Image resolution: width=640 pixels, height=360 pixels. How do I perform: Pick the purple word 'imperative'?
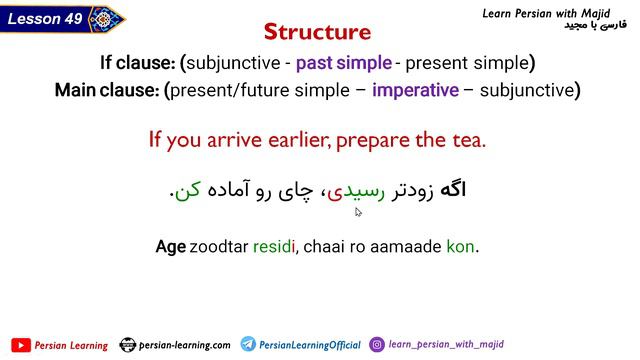(415, 90)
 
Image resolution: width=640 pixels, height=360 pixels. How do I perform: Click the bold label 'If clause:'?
(150, 63)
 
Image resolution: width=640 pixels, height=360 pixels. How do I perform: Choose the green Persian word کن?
(189, 190)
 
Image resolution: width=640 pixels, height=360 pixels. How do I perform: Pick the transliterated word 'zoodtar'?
(219, 245)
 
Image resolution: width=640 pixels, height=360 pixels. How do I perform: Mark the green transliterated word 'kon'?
(460, 245)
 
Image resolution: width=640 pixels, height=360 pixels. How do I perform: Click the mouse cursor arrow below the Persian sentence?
(359, 211)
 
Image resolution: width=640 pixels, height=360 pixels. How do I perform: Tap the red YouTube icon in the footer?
(20, 345)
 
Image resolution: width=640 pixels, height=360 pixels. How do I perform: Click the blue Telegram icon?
(248, 345)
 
